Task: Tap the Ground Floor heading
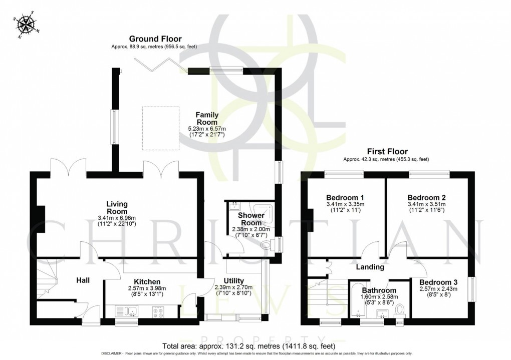pos(155,39)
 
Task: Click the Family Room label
pos(206,119)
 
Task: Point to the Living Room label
pos(116,208)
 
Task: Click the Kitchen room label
pos(147,282)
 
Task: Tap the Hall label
pos(83,280)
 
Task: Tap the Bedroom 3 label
pos(430,282)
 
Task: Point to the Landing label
pos(370,267)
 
